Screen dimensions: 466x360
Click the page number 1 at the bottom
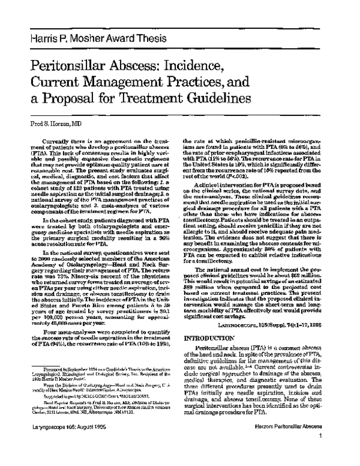pyautogui.click(x=338, y=452)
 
